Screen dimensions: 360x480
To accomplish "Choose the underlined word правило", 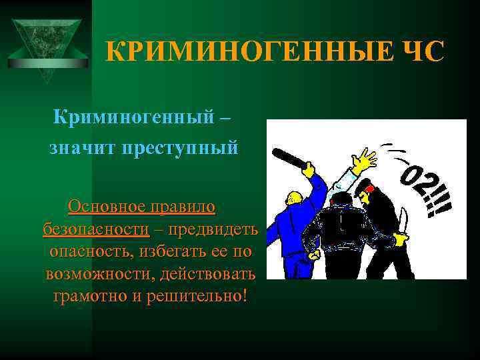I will coord(181,207).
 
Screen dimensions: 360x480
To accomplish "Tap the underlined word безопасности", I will coord(96,229).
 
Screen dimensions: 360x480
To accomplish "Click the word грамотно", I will coord(90,295).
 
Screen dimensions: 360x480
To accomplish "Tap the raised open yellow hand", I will coord(364,161).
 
